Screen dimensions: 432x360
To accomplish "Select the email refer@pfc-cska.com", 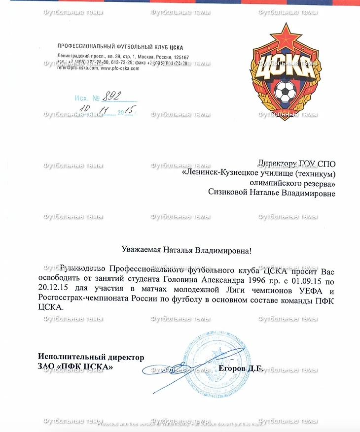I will click(78, 68).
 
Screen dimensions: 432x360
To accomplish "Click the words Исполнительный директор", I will click(91, 357).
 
